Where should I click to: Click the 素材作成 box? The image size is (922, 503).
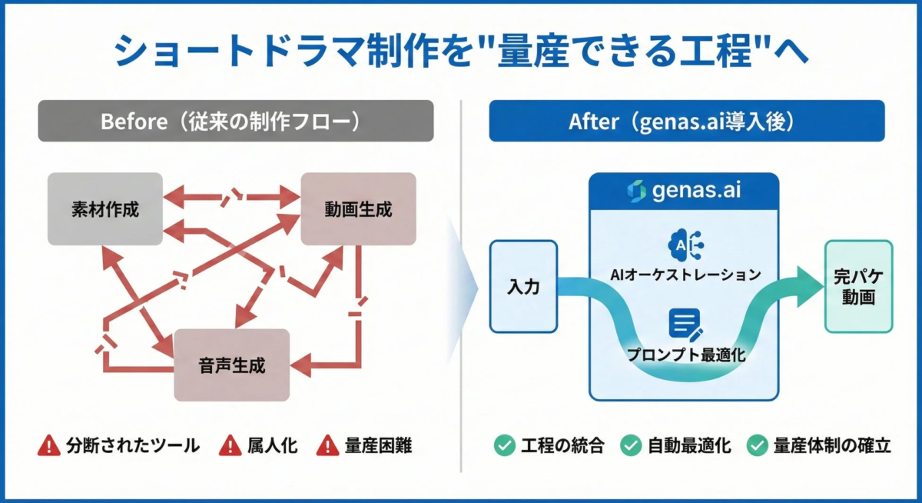click(x=105, y=209)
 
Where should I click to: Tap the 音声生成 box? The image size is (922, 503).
click(x=231, y=365)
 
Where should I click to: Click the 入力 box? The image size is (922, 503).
click(x=523, y=286)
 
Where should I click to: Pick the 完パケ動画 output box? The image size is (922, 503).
click(x=858, y=286)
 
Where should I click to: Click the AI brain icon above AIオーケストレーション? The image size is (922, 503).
click(x=684, y=243)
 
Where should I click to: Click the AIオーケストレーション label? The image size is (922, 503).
click(x=684, y=275)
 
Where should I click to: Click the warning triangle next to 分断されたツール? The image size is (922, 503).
click(x=49, y=445)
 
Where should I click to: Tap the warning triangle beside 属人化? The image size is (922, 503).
click(x=230, y=445)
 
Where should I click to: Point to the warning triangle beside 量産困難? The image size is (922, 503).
click(x=328, y=445)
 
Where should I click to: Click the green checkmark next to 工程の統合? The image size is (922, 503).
click(x=504, y=445)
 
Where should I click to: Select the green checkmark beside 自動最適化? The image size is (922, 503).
click(x=631, y=445)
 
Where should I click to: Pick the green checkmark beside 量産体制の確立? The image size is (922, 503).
click(x=758, y=445)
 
